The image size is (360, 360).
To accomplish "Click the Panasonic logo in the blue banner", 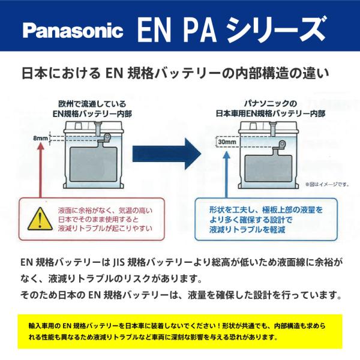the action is (73, 31).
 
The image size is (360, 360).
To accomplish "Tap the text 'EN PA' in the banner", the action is (176, 30).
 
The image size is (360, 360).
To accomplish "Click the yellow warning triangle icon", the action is (40, 219).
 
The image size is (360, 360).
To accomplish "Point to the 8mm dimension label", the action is (40, 139).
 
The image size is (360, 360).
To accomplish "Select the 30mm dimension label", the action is (227, 142).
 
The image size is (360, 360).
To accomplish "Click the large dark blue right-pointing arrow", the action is (167, 154).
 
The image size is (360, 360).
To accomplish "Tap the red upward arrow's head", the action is (41, 146).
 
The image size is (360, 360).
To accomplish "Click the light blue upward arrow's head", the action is (226, 155).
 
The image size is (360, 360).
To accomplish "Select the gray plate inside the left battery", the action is (94, 164).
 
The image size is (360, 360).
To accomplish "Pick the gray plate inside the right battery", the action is (268, 168).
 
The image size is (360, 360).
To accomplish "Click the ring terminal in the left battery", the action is (107, 136).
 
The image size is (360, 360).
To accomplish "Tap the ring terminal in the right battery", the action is (282, 145).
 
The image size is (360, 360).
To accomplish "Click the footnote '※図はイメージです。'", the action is (327, 184).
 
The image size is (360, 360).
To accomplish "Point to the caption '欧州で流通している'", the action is (92, 104).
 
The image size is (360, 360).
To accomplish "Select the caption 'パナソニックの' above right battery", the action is (271, 104).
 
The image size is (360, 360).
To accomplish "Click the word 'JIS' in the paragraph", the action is (118, 262).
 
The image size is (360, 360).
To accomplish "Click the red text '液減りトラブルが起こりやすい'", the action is (105, 229).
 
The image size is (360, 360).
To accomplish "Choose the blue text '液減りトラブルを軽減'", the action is (247, 230).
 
